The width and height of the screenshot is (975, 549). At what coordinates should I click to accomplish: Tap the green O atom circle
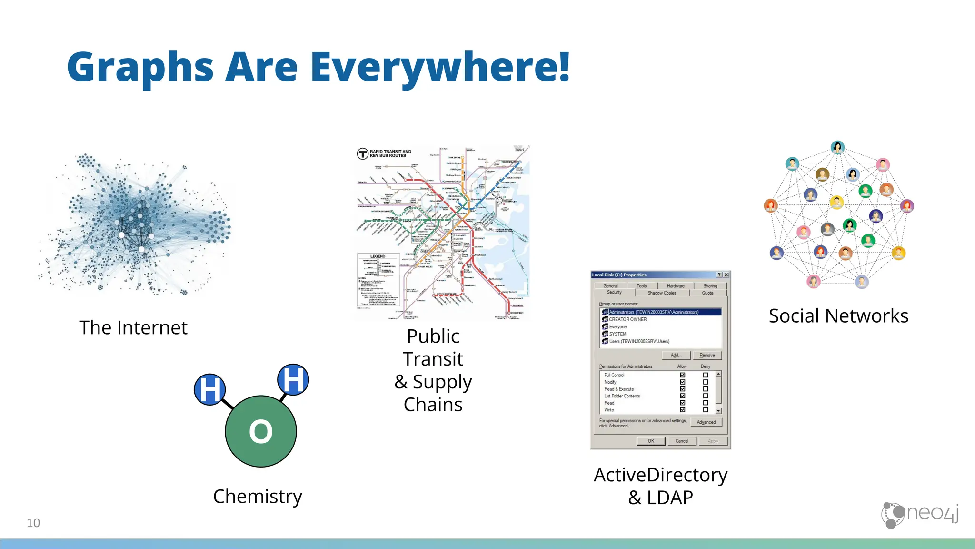(261, 431)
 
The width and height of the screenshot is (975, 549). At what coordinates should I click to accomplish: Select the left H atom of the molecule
(210, 389)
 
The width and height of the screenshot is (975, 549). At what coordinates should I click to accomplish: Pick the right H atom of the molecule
(293, 380)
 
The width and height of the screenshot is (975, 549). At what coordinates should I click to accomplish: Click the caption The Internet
(133, 328)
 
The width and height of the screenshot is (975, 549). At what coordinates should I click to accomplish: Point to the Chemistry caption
(258, 497)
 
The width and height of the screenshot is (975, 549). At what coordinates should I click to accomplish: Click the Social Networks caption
(838, 316)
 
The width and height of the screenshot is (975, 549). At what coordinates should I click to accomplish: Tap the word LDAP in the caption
(670, 498)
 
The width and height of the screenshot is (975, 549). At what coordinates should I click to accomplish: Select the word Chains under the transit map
(433, 405)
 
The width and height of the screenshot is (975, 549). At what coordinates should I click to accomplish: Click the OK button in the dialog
(651, 441)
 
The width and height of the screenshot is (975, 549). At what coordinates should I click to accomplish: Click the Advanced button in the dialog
(706, 422)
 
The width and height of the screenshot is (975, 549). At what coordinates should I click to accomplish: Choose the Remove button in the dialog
(707, 356)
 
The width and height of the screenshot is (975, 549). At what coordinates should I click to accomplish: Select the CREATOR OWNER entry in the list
(628, 319)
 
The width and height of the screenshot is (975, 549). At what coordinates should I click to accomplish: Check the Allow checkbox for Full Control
(683, 375)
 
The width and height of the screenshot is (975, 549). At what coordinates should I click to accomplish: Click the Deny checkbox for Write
(706, 410)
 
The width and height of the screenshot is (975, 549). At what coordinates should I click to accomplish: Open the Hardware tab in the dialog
(676, 286)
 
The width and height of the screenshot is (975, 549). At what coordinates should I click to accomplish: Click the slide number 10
(33, 523)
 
